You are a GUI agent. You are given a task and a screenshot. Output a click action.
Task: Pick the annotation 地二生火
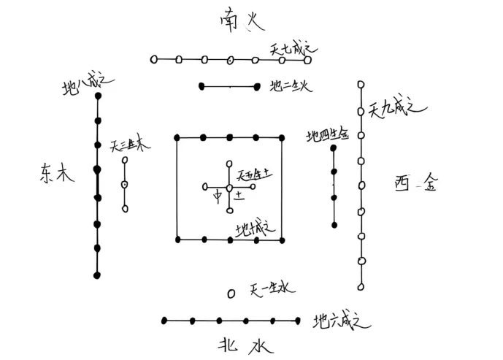(291, 86)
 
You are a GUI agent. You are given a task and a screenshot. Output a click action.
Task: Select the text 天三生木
(131, 146)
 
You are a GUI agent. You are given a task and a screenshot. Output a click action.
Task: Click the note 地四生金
(329, 135)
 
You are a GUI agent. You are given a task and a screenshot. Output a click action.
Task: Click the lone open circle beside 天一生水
(231, 294)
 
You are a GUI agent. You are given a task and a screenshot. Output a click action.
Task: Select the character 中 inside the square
(217, 197)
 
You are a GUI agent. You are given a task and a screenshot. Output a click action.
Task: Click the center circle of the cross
(230, 188)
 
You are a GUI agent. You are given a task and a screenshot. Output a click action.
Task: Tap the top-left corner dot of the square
(177, 137)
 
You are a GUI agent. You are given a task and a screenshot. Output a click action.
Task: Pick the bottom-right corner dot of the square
(283, 240)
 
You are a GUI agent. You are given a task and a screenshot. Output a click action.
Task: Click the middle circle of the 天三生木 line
(125, 184)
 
